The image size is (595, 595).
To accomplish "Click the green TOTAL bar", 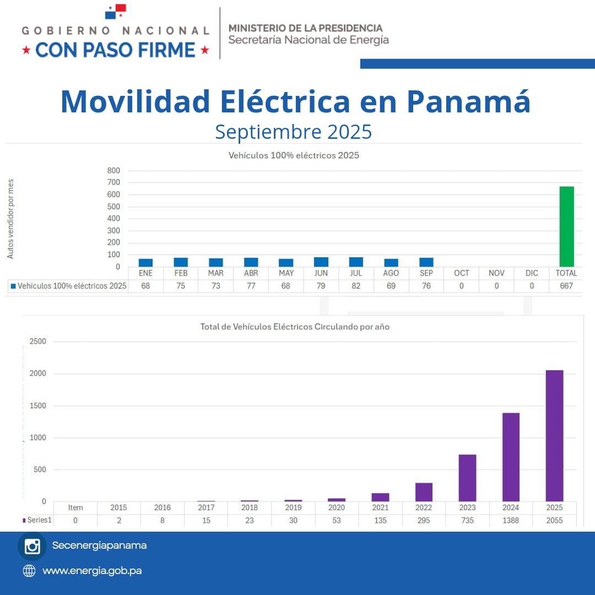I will (x=566, y=226).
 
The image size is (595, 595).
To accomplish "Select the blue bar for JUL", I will (x=356, y=262).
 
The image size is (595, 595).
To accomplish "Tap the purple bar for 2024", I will (x=511, y=457).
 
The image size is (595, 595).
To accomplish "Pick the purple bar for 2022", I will (x=424, y=492).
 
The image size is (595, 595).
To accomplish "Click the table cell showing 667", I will (x=566, y=286).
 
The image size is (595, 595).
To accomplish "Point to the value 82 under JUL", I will (x=356, y=286).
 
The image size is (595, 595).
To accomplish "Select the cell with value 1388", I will (x=511, y=520).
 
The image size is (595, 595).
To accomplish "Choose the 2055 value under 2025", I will (x=554, y=520).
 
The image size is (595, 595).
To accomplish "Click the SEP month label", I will (x=426, y=273).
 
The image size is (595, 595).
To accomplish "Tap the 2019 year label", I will (x=293, y=507).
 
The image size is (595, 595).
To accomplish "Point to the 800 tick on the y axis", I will (x=113, y=170).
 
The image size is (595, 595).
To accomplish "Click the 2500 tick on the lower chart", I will (x=37, y=342).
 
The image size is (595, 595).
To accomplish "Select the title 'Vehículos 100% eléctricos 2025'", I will (x=294, y=155).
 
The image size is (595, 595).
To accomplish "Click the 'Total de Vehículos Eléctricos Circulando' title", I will (x=295, y=327).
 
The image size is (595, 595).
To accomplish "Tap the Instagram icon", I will (x=32, y=546).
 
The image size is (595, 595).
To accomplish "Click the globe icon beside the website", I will (x=29, y=571).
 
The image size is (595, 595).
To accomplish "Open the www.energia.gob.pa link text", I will (x=92, y=571).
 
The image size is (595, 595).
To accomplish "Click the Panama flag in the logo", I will (x=116, y=11).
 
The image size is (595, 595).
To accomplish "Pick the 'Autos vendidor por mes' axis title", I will (x=10, y=219).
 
